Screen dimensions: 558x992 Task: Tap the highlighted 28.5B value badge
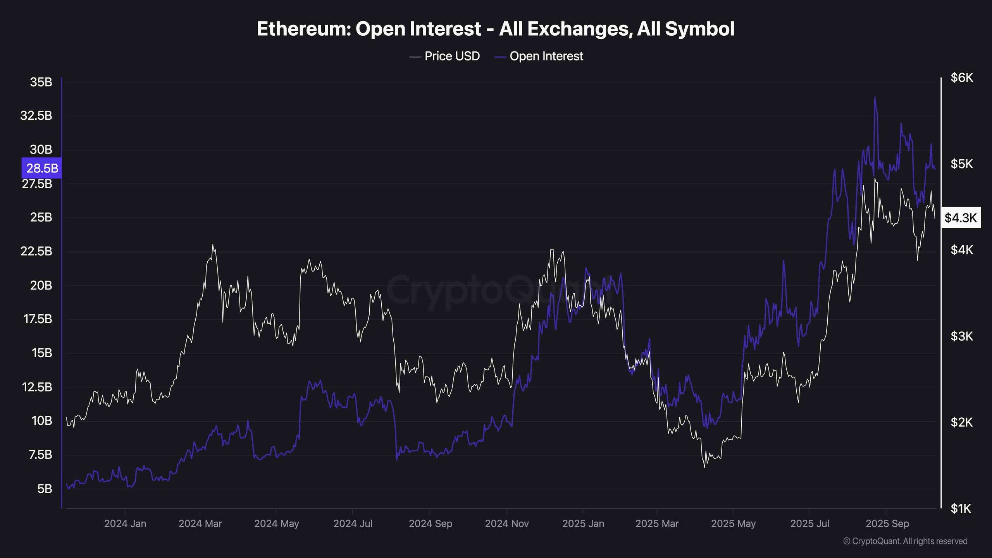click(x=42, y=168)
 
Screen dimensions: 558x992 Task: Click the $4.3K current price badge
click(x=961, y=218)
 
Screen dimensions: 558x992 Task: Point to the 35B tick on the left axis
click(x=41, y=82)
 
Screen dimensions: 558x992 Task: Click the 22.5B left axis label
click(x=36, y=251)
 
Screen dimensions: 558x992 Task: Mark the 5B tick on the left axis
click(x=45, y=489)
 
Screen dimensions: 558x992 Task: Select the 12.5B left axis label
click(x=36, y=387)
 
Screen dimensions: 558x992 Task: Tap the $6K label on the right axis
click(x=961, y=78)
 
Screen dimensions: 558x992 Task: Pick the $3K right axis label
click(x=961, y=336)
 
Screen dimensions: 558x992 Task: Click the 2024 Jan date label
click(x=125, y=524)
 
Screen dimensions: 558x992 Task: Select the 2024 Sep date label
click(x=430, y=524)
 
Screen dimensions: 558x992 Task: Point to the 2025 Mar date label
click(x=657, y=524)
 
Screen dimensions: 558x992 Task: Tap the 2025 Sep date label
click(x=887, y=524)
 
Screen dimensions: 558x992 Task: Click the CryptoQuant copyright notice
click(x=905, y=541)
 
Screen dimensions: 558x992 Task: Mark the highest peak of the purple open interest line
click(x=875, y=98)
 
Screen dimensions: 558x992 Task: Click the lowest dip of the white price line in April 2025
click(x=704, y=467)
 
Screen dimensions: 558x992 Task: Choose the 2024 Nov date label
click(x=506, y=524)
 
